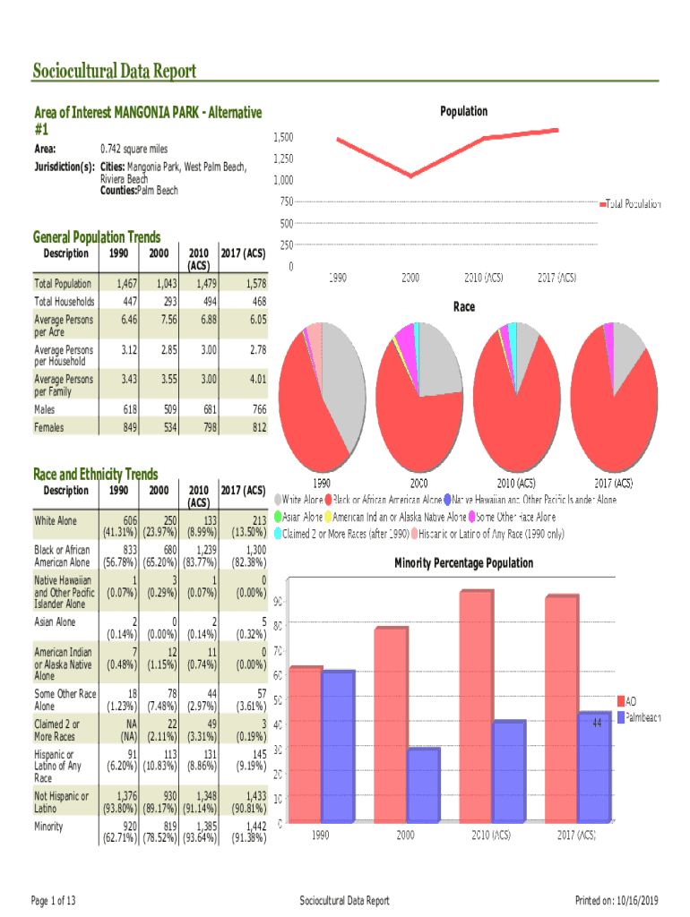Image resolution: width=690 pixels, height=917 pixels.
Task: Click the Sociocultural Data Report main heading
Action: coord(115,72)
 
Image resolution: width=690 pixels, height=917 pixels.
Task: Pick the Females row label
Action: coord(49,428)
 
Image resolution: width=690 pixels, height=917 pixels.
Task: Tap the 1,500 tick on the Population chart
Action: coord(283,138)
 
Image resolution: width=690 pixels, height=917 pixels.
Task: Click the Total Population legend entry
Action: coord(633,204)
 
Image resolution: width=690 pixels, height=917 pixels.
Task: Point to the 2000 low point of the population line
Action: coord(411,176)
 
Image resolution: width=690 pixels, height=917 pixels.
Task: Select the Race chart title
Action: coord(463,307)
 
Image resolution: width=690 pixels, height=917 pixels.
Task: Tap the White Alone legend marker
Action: coord(279,499)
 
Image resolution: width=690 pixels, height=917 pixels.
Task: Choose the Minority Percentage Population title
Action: coord(463,563)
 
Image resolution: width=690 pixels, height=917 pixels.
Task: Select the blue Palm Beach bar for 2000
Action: coord(424,784)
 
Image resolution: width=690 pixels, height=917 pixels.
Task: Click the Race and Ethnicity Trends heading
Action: coord(95,474)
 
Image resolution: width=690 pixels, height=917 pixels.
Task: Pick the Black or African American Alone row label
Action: coord(62,556)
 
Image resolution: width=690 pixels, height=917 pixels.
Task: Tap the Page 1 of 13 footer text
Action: coord(53,900)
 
